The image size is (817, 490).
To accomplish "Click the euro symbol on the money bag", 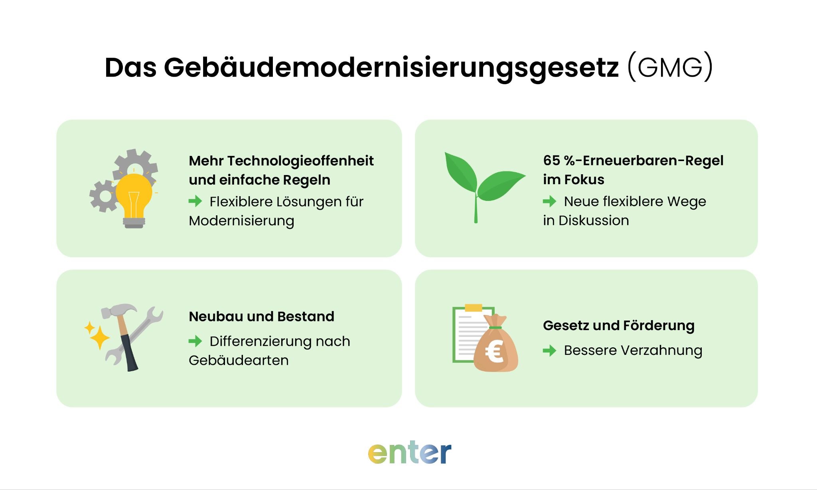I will (x=494, y=352).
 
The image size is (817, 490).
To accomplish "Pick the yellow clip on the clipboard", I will (x=474, y=307).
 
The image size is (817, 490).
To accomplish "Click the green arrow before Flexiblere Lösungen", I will (x=195, y=201).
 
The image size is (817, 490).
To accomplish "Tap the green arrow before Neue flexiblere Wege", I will (x=550, y=201).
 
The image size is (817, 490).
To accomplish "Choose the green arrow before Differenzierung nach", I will (x=195, y=341).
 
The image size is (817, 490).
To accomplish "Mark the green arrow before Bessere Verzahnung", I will (x=550, y=350).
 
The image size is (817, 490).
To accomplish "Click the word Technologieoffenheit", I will (x=300, y=161).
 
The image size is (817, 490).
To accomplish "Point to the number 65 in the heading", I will (x=551, y=160).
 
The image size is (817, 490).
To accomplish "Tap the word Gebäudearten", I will (x=239, y=360).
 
